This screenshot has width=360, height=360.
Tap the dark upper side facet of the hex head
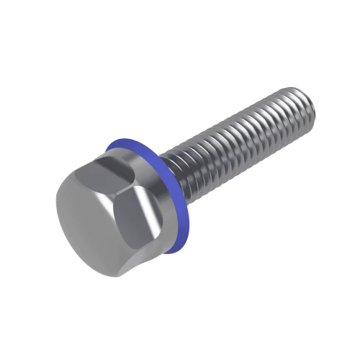tap(115, 170)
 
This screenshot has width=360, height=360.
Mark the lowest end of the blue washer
tap(168, 252)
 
